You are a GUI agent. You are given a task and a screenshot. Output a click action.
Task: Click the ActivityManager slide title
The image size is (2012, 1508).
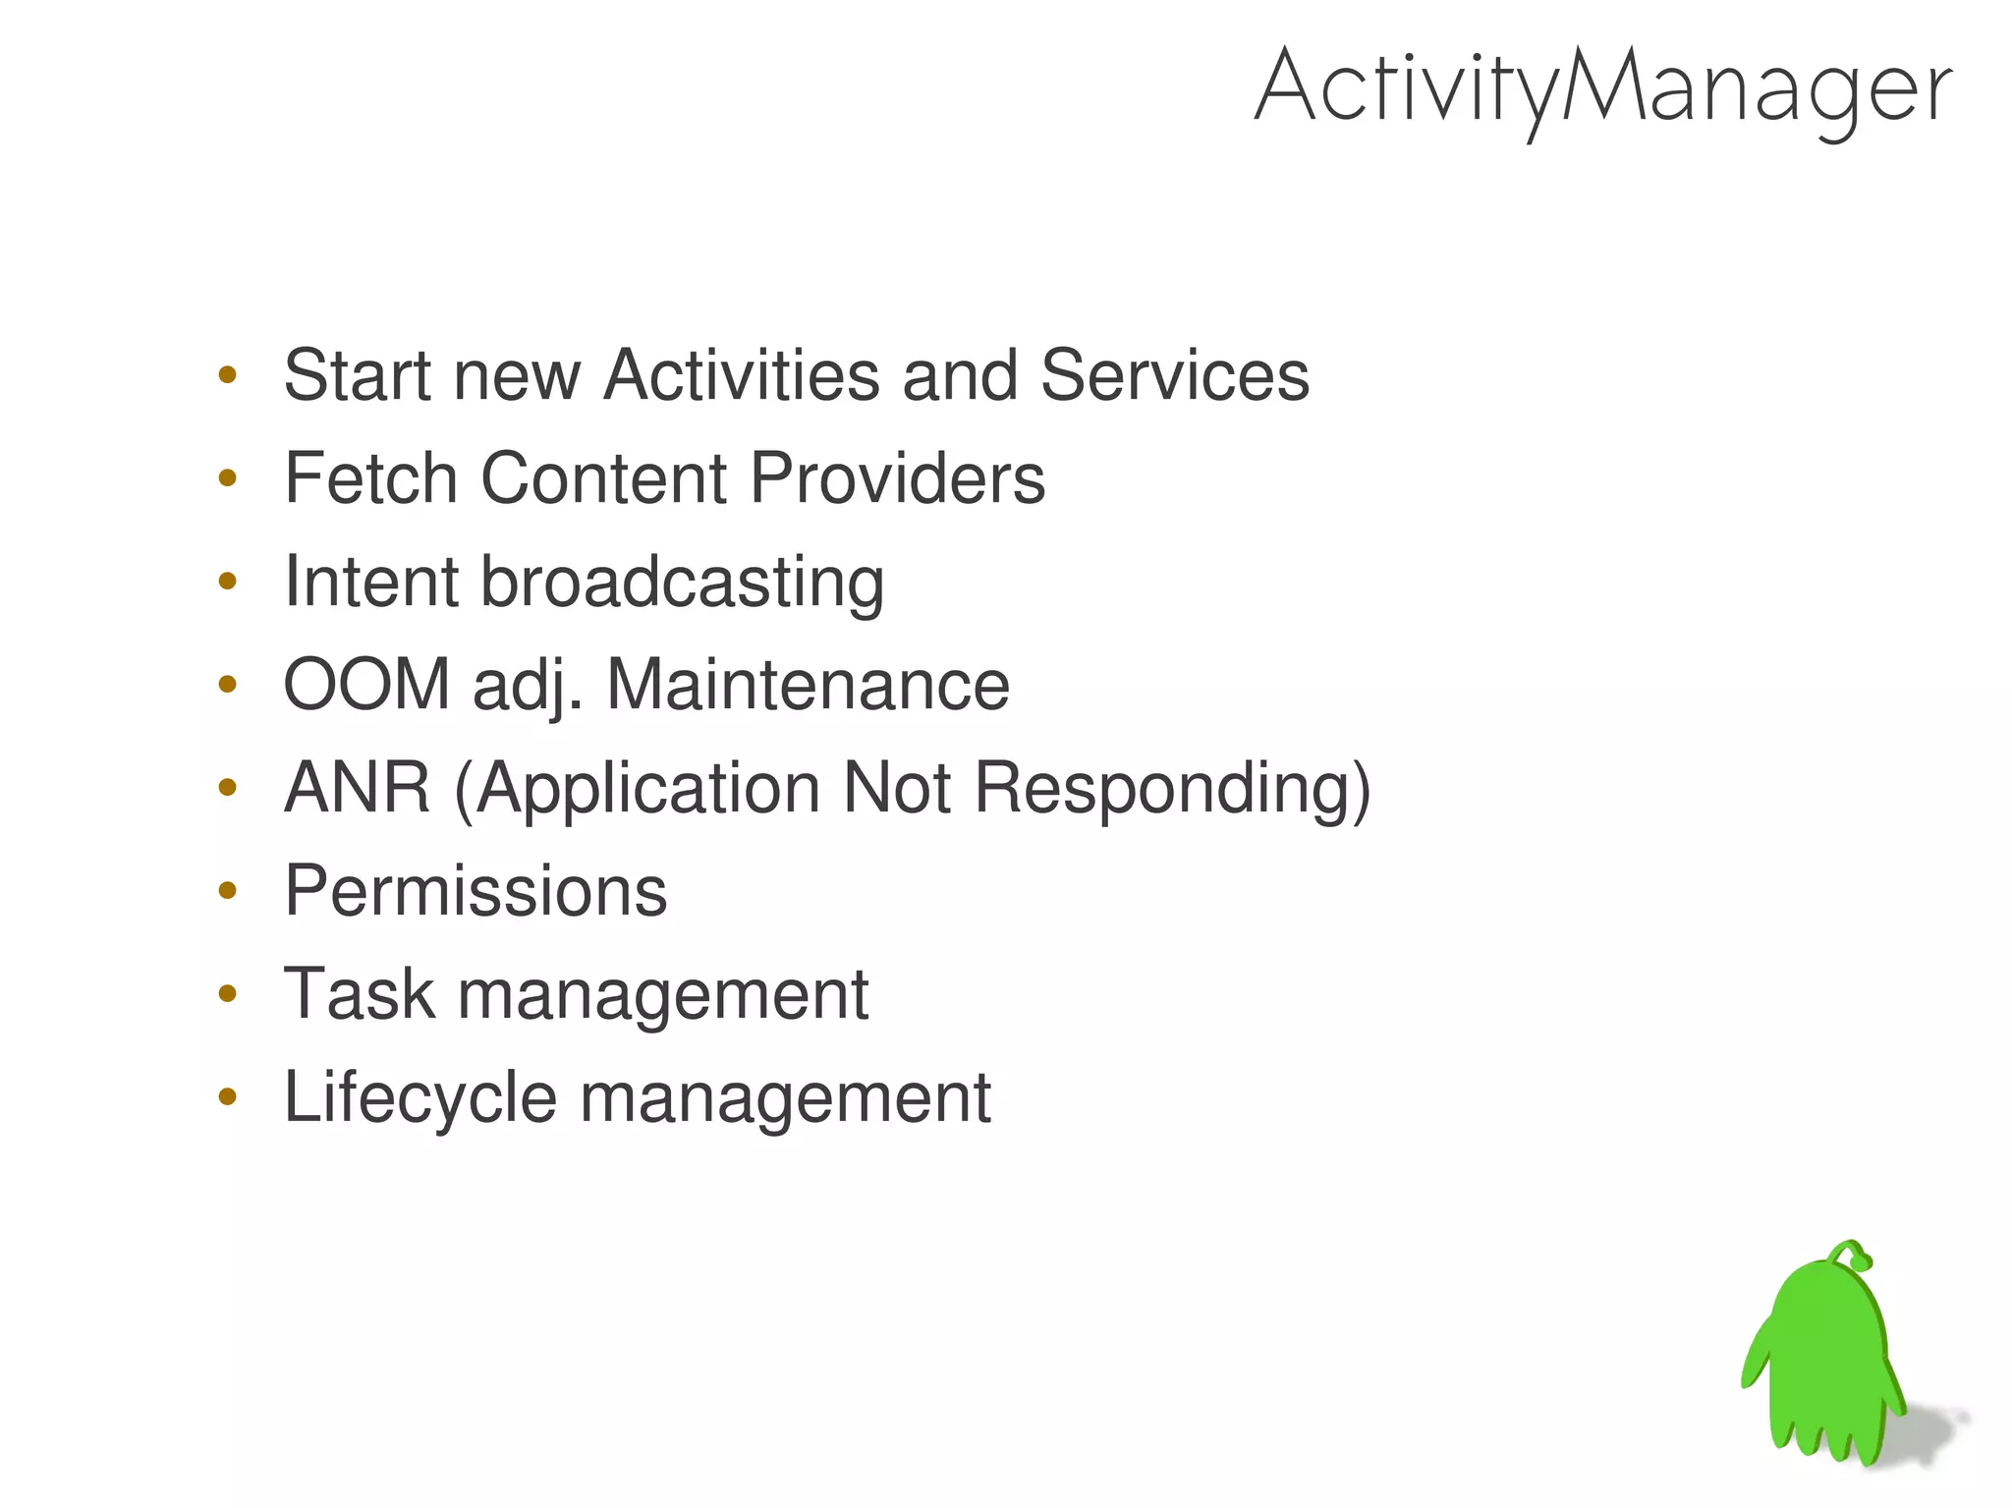click(1603, 88)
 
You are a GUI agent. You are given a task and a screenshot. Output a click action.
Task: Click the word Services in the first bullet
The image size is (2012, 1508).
click(1174, 376)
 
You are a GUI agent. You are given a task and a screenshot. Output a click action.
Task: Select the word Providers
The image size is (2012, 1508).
click(897, 479)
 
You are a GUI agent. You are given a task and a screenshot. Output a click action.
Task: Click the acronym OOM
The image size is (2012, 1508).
click(366, 685)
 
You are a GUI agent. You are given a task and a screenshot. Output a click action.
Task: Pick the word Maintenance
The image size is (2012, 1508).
click(808, 685)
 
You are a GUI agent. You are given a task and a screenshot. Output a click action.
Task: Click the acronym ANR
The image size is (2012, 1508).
click(358, 788)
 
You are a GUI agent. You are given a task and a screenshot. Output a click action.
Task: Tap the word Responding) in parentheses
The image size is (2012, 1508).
click(1172, 790)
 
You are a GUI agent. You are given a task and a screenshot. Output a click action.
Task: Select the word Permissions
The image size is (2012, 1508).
click(475, 892)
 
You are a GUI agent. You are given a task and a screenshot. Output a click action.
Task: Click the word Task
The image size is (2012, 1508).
click(360, 994)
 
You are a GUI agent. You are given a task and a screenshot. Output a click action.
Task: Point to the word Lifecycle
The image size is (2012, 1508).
click(420, 1098)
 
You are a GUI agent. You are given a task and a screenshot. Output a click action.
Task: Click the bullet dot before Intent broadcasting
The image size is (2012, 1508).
click(228, 582)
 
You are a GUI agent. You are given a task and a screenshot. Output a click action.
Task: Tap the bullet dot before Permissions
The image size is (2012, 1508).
click(228, 891)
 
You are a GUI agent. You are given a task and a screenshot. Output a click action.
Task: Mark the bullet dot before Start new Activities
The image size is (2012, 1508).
click(228, 374)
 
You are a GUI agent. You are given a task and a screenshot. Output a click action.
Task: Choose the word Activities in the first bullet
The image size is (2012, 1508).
click(742, 376)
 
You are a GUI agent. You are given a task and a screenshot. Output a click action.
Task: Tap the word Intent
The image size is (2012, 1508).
click(370, 583)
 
